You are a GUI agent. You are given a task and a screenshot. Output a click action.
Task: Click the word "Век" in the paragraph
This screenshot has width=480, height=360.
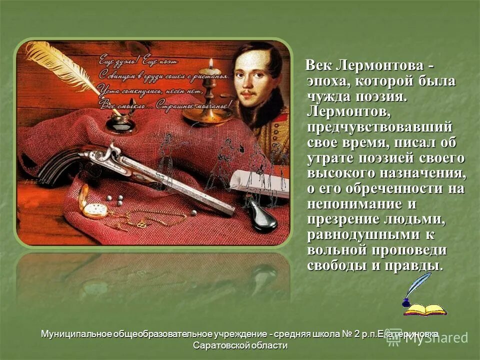pos(319,66)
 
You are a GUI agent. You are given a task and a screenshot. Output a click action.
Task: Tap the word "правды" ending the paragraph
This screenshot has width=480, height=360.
pos(412,265)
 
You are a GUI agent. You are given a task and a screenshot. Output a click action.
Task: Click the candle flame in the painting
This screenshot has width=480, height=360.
pos(211,62)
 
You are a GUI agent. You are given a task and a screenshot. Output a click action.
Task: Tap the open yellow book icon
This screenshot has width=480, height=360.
pos(425,309)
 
